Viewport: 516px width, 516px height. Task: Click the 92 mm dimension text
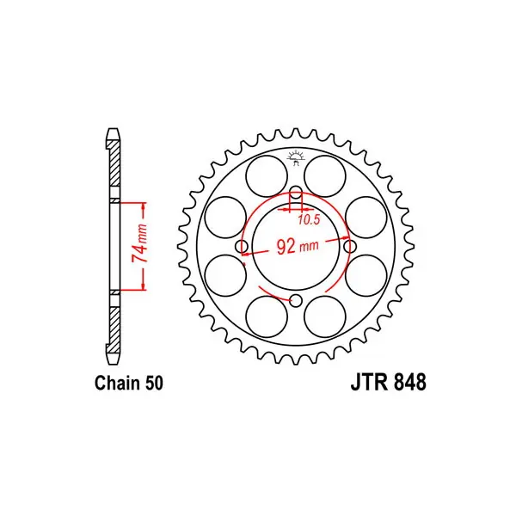tap(298, 247)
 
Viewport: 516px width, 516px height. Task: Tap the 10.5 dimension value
tap(309, 220)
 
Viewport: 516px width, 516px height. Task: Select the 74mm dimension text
tap(139, 243)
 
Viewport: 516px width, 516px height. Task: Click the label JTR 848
tap(389, 382)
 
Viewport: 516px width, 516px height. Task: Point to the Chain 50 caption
tap(129, 383)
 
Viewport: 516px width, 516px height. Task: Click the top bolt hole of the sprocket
tap(296, 193)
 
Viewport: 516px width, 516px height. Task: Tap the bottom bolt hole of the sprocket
tap(296, 300)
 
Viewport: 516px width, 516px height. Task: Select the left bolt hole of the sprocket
tap(243, 246)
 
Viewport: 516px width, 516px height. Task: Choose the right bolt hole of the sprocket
tap(350, 246)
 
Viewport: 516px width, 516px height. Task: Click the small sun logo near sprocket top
tap(296, 158)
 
